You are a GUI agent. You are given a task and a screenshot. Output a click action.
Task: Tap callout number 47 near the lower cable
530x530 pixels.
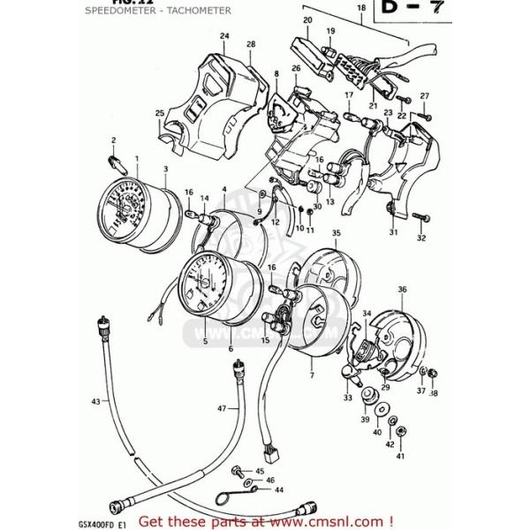click(x=223, y=408)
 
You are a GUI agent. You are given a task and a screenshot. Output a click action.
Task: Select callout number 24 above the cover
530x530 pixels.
click(x=224, y=36)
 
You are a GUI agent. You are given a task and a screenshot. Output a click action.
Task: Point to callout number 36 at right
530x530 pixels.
click(x=402, y=289)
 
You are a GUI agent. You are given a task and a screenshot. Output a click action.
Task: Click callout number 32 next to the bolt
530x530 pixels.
click(x=420, y=238)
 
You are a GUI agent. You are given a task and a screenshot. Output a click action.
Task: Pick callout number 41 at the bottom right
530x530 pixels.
click(x=399, y=456)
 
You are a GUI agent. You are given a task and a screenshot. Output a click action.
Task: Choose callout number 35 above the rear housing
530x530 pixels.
click(x=336, y=232)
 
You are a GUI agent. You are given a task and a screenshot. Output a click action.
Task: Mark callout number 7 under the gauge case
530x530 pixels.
click(x=311, y=376)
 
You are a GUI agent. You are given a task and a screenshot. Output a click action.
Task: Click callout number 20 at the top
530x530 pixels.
click(x=307, y=19)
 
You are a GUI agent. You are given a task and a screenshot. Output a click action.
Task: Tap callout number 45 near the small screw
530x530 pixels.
click(x=260, y=471)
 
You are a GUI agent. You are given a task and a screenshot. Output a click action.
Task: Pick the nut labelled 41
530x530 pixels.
click(x=400, y=432)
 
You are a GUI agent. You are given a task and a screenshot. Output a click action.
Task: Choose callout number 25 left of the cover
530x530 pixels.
click(x=159, y=112)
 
